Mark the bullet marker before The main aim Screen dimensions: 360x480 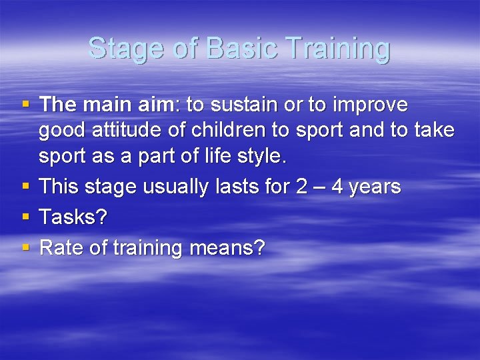(26, 105)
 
